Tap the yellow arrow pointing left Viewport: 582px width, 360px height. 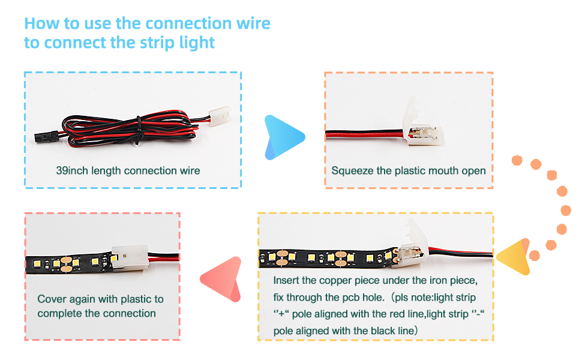click(514, 257)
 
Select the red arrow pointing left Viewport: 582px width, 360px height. click(222, 279)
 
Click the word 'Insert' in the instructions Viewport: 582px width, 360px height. click(287, 281)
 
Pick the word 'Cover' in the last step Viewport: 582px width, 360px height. click(52, 299)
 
